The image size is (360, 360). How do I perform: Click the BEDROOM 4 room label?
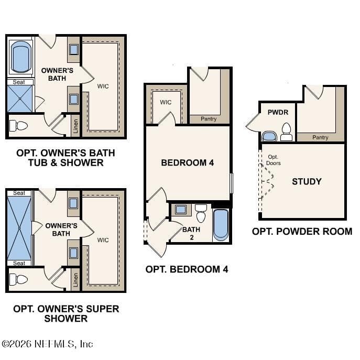188,163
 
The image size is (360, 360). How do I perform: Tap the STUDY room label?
307,182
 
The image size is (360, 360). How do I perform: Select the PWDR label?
278,112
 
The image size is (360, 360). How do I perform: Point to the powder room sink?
269,136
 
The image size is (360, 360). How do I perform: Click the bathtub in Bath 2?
221,225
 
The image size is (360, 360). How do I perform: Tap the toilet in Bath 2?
201,213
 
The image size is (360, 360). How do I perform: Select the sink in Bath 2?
181,210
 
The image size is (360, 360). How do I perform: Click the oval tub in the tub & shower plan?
20,57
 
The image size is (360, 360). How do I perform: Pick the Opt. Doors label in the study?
273,160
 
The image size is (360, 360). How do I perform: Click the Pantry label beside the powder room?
320,137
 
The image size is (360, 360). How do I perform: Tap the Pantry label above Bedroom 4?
209,119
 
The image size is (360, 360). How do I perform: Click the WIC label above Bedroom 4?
166,102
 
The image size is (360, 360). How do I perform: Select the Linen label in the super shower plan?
75,280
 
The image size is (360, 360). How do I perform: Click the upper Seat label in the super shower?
19,193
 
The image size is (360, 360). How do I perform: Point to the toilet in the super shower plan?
18,279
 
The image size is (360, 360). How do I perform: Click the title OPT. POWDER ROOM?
302,232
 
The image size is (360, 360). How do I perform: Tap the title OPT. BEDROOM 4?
187,269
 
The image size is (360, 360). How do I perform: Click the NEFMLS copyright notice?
47,344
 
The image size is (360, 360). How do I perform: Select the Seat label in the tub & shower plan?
18,82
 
